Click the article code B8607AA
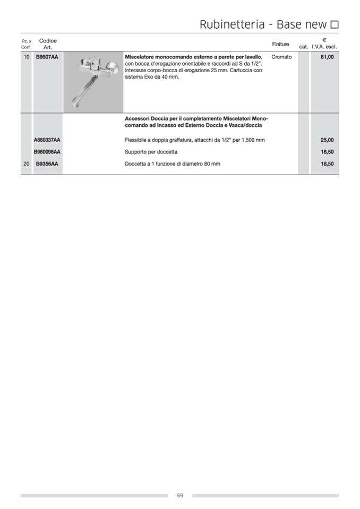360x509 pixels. tap(47, 57)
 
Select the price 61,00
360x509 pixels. tap(327, 57)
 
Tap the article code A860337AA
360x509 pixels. tap(47, 140)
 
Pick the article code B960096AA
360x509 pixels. tap(47, 152)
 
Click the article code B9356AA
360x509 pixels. tap(47, 164)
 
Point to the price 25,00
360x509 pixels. tap(327, 140)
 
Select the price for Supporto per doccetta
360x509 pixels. tap(327, 152)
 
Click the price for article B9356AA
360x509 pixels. tap(327, 164)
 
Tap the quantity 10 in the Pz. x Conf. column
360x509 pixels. tap(27, 57)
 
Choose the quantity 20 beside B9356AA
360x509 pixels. tap(27, 164)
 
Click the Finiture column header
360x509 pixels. tap(280, 44)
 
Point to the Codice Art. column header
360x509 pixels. tap(48, 44)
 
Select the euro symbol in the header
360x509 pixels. tap(324, 40)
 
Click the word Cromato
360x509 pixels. tap(281, 57)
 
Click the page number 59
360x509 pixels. tap(180, 495)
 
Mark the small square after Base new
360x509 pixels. tap(335, 24)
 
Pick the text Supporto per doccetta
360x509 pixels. tap(151, 152)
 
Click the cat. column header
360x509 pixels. tap(304, 47)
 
